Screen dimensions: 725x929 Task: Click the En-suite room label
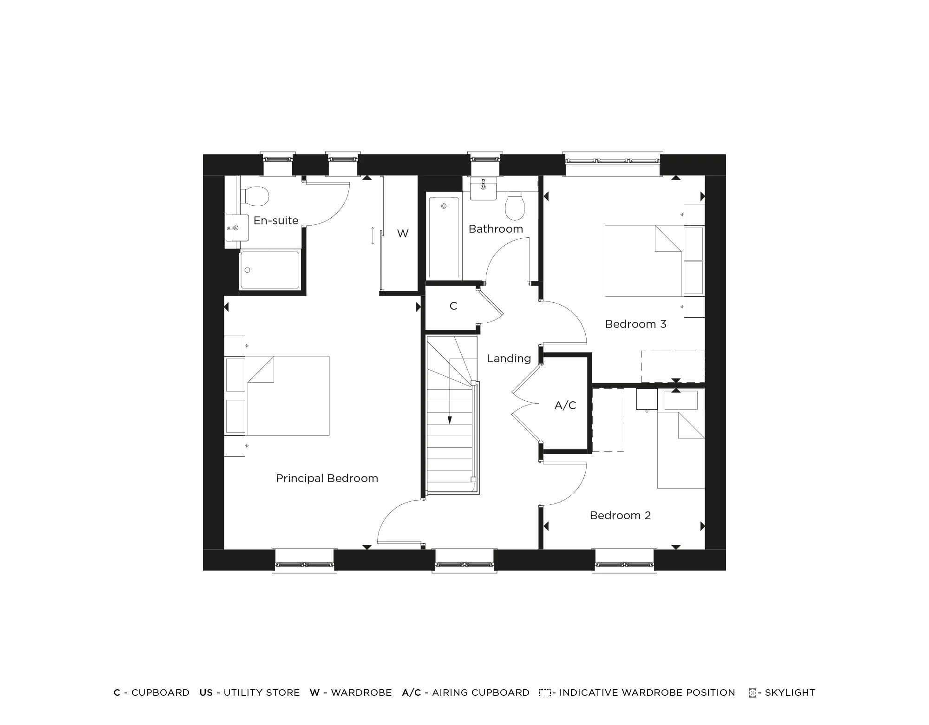pos(276,221)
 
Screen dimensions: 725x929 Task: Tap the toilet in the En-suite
pos(254,197)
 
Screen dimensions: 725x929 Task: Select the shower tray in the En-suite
pos(269,270)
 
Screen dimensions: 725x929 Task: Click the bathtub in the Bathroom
pos(444,238)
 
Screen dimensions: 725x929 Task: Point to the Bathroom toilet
pos(515,207)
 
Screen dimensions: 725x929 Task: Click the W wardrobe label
pos(403,234)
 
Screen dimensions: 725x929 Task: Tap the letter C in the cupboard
pos(453,306)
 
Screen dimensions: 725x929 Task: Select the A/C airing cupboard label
pos(565,405)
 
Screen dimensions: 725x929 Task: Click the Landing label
pos(509,359)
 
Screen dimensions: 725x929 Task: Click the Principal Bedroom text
pos(327,478)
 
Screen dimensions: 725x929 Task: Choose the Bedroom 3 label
pos(635,324)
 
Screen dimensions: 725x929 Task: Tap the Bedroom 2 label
pos(620,516)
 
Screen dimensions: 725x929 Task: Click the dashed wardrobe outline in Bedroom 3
pos(673,366)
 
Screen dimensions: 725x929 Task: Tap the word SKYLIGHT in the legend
pos(790,692)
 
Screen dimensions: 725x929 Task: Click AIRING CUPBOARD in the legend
pos(481,692)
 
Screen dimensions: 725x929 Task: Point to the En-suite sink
pos(236,228)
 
